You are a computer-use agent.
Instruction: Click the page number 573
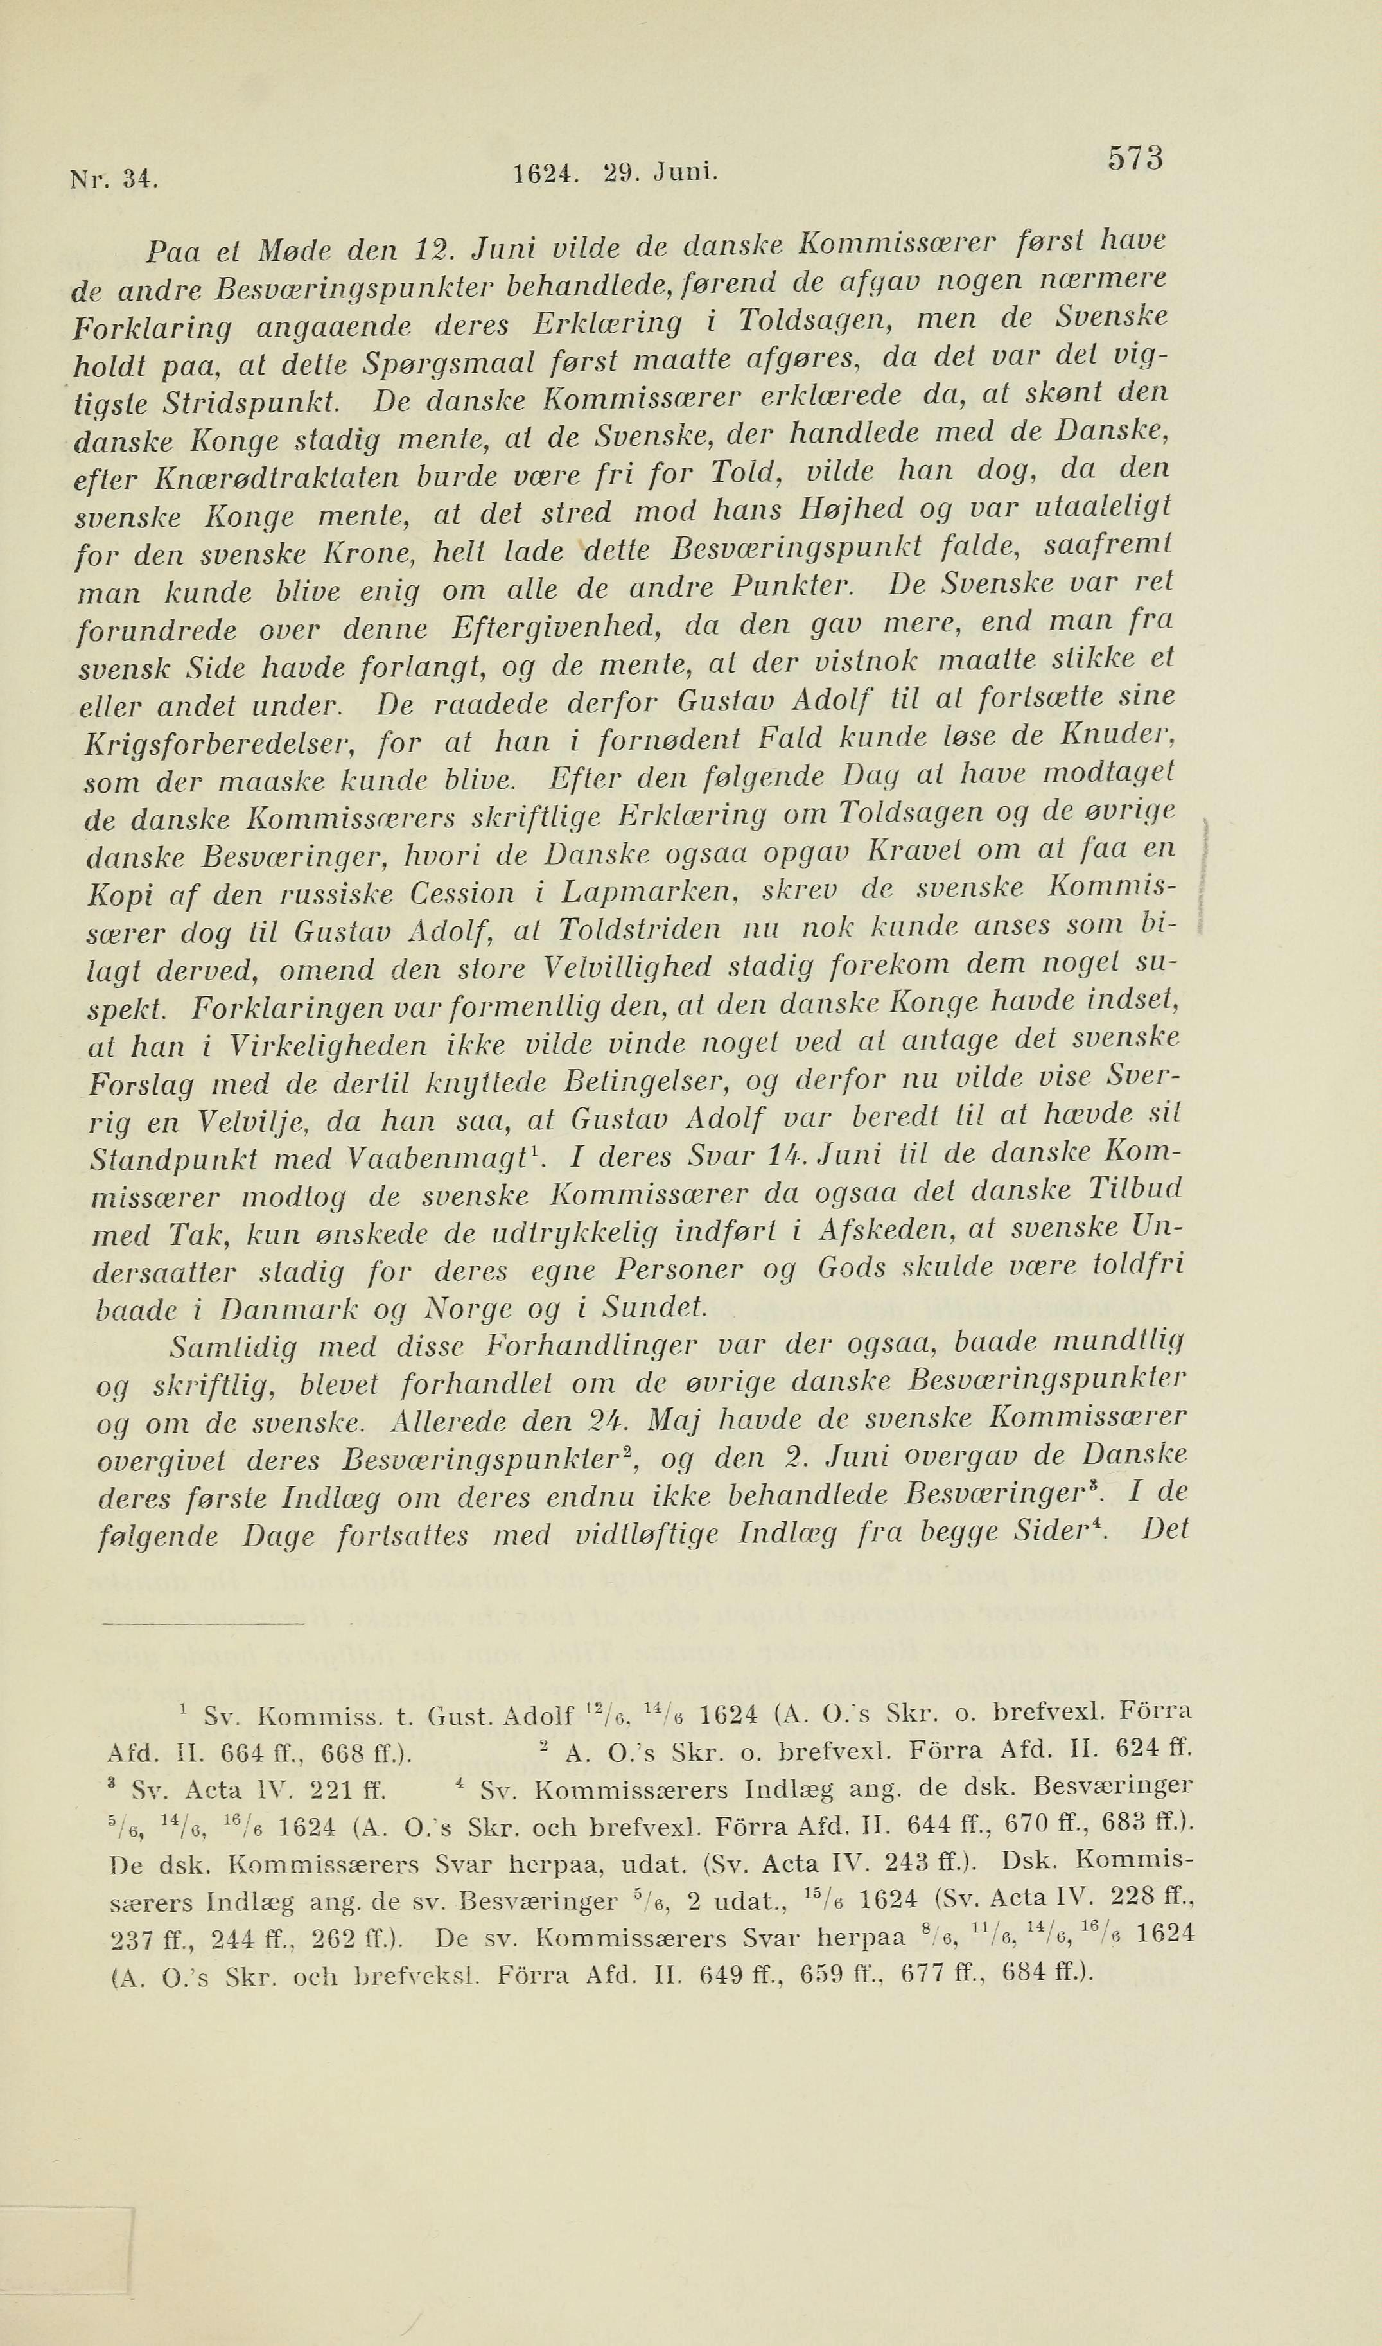click(x=1135, y=158)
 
